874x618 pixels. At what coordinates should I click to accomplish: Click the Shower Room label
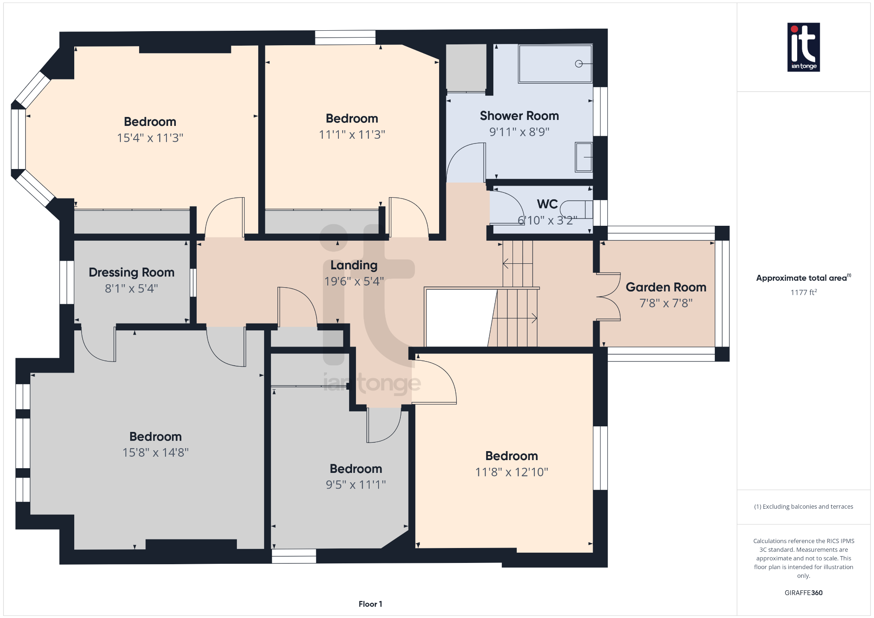point(519,116)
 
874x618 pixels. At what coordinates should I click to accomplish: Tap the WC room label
point(547,204)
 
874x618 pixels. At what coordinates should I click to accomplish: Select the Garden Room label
point(665,287)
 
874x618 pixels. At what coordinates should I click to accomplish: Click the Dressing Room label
point(131,272)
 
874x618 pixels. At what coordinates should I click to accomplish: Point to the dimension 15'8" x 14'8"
point(155,452)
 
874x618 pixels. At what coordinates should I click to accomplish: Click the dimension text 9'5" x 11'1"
point(355,485)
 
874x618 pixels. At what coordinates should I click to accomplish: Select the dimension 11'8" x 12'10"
point(511,472)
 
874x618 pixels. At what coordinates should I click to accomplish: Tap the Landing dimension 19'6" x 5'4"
point(354,281)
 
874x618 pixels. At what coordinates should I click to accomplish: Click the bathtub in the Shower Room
point(555,64)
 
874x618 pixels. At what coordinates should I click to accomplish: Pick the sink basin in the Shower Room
point(583,157)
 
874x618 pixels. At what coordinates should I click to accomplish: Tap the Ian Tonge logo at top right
point(803,47)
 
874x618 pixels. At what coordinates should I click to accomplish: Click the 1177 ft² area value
point(803,292)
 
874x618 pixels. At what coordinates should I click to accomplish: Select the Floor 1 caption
point(370,604)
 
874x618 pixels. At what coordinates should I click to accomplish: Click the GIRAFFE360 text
point(803,593)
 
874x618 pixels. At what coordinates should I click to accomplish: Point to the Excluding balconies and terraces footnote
point(803,507)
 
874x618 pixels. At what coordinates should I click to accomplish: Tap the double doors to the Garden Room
point(608,297)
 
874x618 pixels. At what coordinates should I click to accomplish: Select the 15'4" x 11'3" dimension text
point(150,138)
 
